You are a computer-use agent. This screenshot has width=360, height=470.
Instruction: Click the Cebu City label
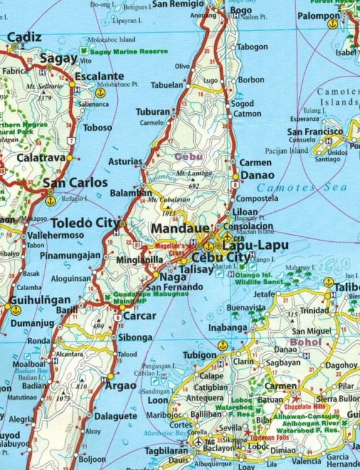[220, 258]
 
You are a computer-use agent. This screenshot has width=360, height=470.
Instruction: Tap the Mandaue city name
[180, 229]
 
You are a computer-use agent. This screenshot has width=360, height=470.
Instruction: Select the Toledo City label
[84, 223]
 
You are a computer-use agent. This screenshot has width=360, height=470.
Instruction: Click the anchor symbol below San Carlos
[50, 201]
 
